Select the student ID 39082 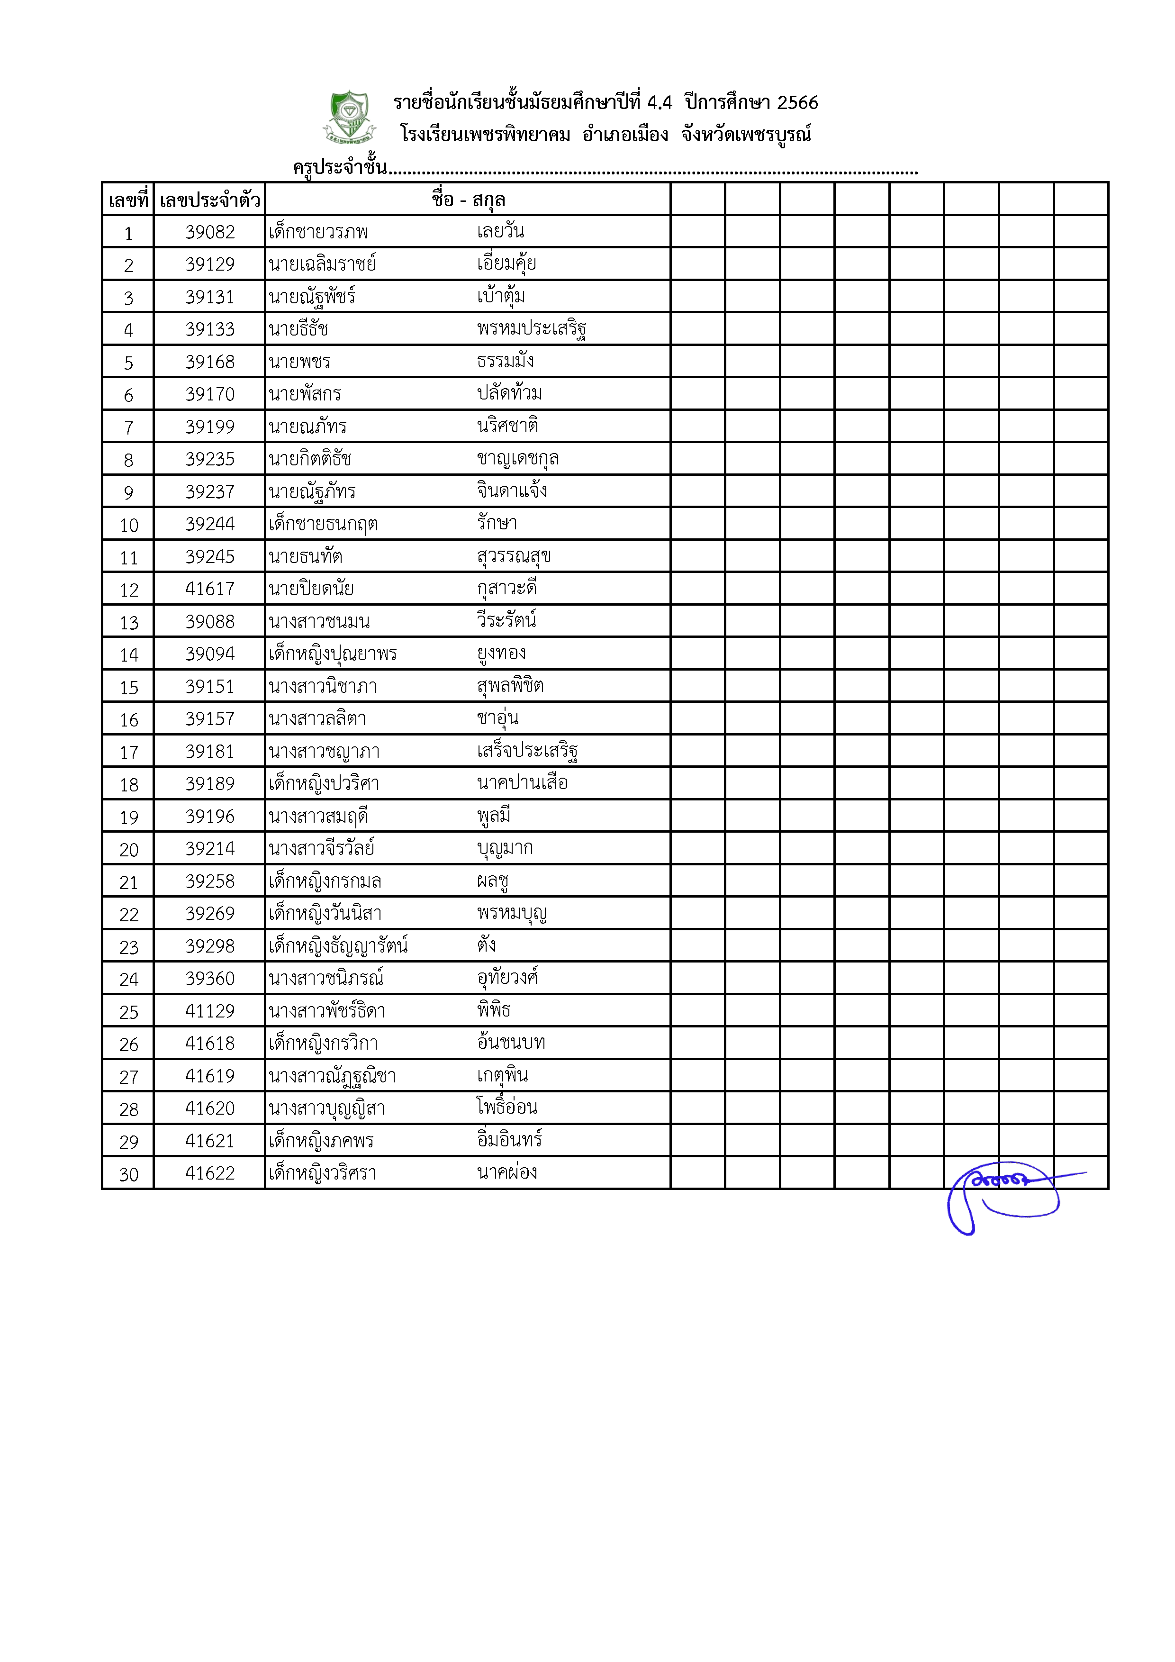pyautogui.click(x=210, y=232)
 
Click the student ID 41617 pyautogui.click(x=210, y=589)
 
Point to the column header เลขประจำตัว pyautogui.click(x=210, y=200)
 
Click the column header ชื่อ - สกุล pyautogui.click(x=468, y=200)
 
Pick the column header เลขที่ pyautogui.click(x=128, y=200)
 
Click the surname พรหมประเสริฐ pyautogui.click(x=531, y=329)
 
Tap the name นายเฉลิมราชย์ pyautogui.click(x=323, y=264)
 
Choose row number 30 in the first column pyautogui.click(x=129, y=1174)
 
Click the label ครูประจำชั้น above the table pyautogui.click(x=340, y=167)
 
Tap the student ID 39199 pyautogui.click(x=210, y=427)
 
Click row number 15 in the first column pyautogui.click(x=129, y=688)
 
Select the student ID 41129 pyautogui.click(x=210, y=1011)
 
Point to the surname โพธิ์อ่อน pyautogui.click(x=506, y=1108)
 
